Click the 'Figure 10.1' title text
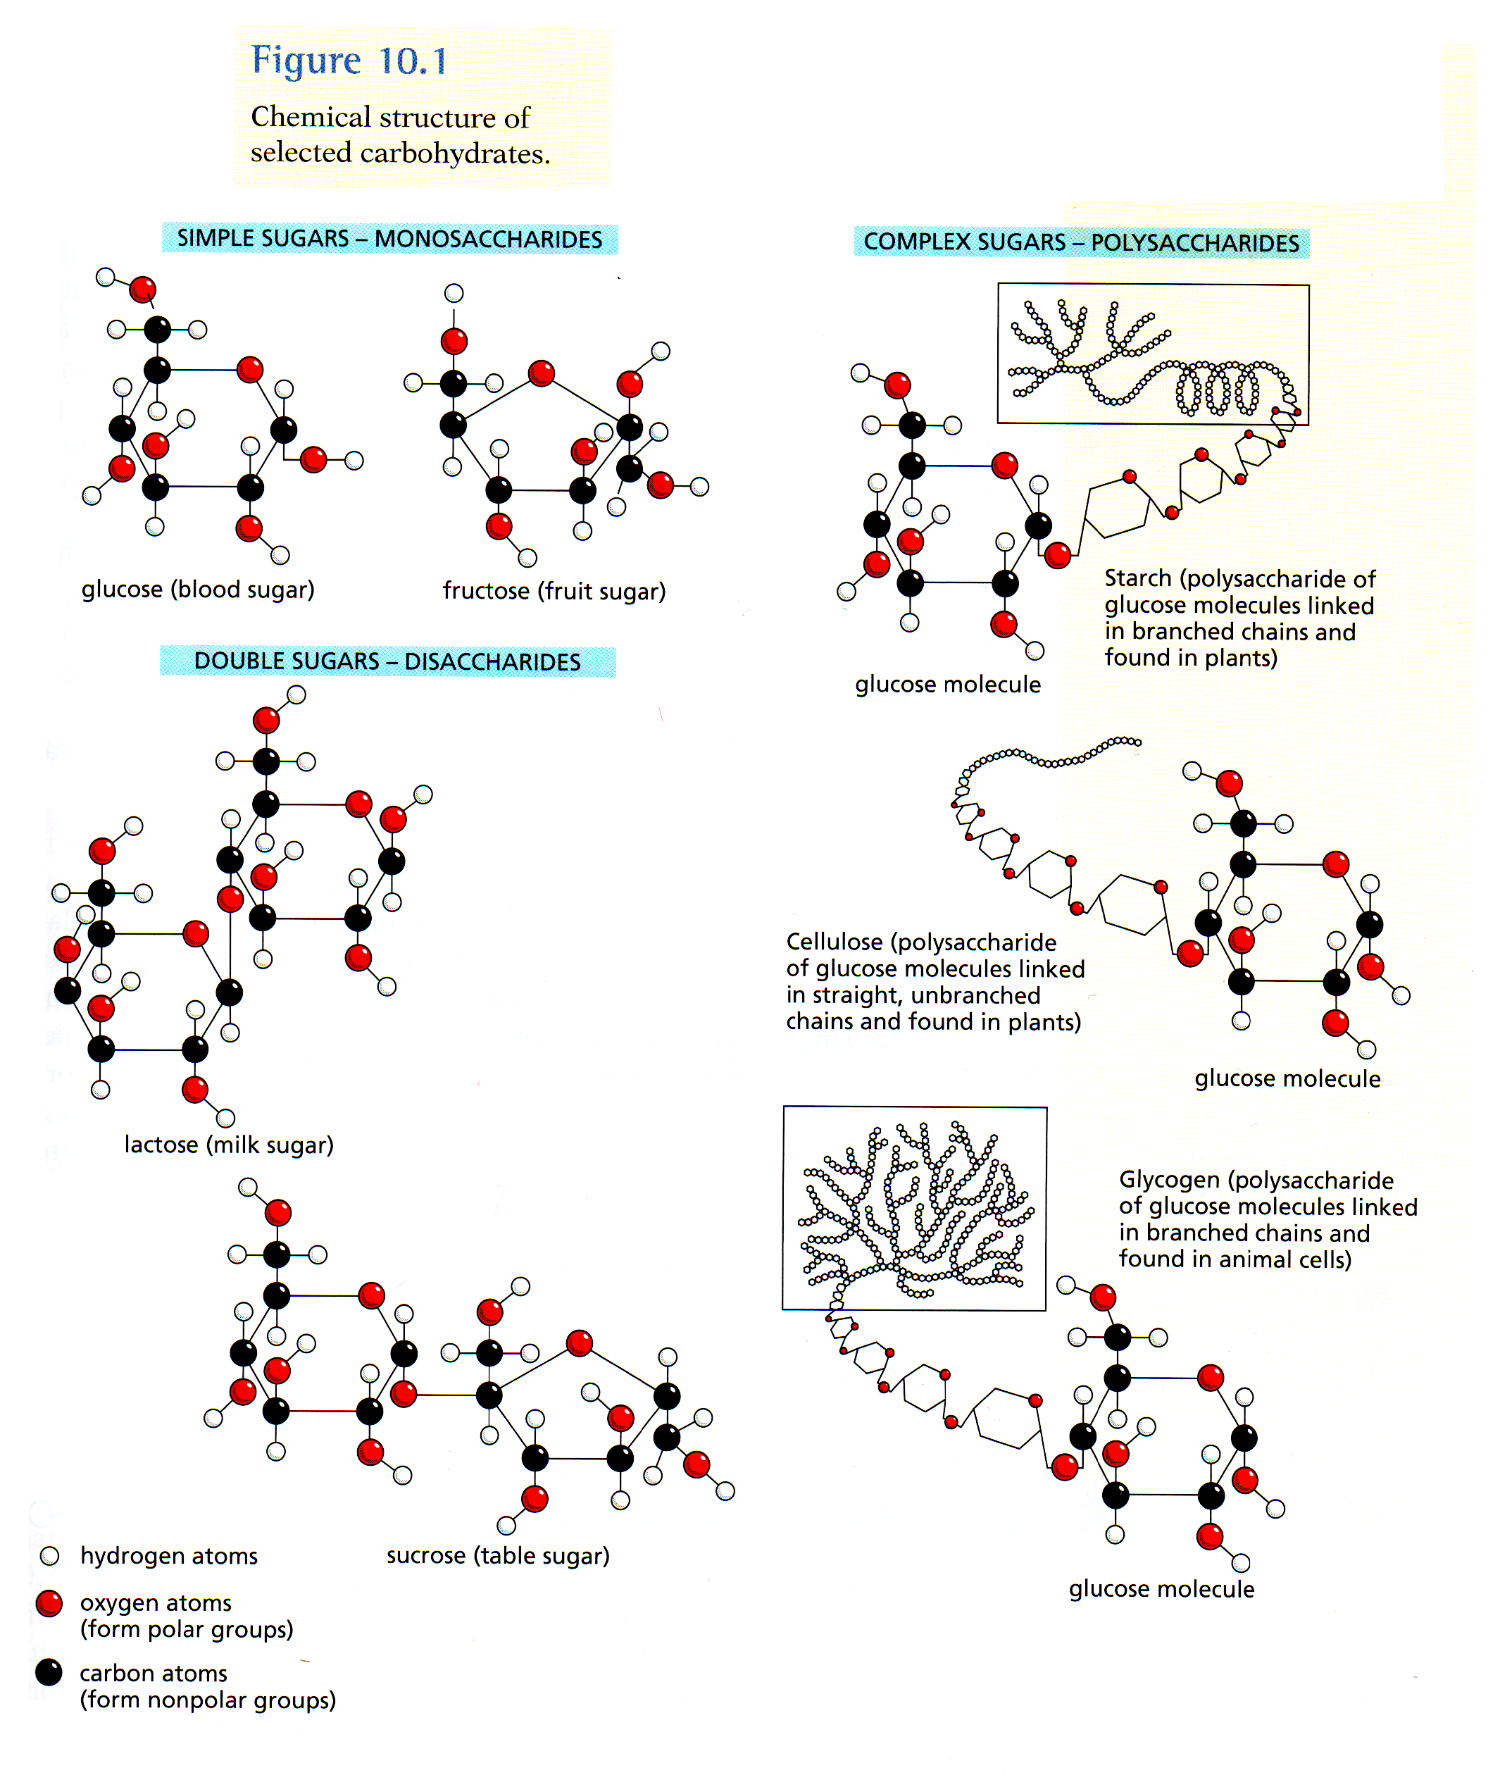[x=349, y=61]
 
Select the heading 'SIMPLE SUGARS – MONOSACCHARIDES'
[x=389, y=239]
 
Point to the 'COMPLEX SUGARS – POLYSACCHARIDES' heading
[x=1081, y=242]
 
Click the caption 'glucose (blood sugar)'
[x=198, y=590]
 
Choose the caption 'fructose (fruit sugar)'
[x=554, y=591]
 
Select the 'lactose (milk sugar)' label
[x=229, y=1145]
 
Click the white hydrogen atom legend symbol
[x=49, y=1555]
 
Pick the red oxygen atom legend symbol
[x=49, y=1603]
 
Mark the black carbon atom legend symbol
[x=49, y=1672]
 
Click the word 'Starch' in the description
[x=1138, y=579]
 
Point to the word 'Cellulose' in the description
[x=835, y=942]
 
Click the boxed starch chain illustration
[x=1152, y=354]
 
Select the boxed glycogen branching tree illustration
[x=914, y=1209]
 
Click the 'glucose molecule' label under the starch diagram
[x=947, y=685]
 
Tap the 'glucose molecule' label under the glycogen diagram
[x=1161, y=1590]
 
